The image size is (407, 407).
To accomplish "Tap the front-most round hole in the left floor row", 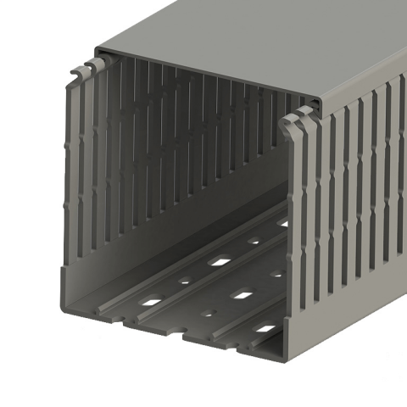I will [x=184, y=280].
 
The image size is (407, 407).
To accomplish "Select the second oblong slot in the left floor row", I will [x=219, y=261].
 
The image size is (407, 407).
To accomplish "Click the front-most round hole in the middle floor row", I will [x=208, y=313].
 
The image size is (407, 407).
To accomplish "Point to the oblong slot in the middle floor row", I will [x=243, y=295].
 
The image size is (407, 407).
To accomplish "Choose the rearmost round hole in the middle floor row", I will [x=276, y=274].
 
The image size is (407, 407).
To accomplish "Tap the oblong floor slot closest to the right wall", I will [x=265, y=328].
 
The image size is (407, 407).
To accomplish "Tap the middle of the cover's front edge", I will [x=208, y=76].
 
